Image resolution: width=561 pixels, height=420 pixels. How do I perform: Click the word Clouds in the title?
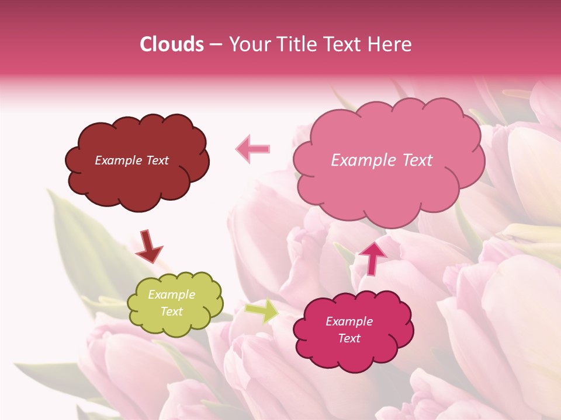click(x=172, y=44)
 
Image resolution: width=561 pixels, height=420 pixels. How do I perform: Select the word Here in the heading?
click(x=390, y=44)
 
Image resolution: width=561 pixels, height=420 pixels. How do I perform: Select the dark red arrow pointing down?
click(x=148, y=247)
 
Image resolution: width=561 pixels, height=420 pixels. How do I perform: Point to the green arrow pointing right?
click(x=262, y=311)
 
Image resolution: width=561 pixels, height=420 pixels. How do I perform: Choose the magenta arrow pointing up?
click(x=372, y=257)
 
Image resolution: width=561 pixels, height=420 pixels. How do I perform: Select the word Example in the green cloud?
click(x=171, y=295)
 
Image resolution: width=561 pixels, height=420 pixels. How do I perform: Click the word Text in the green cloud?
click(x=171, y=311)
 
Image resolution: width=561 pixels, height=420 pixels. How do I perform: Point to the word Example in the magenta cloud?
click(x=349, y=321)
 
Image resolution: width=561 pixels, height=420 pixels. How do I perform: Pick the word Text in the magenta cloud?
click(x=349, y=338)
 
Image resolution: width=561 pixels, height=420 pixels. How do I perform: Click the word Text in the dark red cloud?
click(x=157, y=160)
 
